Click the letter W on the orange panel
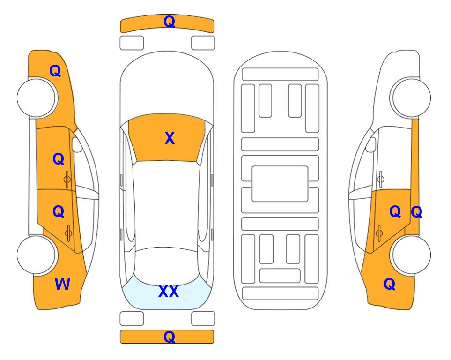[62, 284]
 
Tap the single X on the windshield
[170, 138]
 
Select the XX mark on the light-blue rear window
[169, 292]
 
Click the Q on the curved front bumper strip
[169, 22]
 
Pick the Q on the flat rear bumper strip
[169, 337]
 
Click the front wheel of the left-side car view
[37, 97]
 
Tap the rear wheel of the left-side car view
[37, 255]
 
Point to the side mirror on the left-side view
[77, 144]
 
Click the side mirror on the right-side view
[370, 144]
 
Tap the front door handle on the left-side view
[67, 180]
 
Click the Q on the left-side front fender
[55, 71]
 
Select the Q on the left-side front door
[58, 159]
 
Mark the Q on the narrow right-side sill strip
[416, 212]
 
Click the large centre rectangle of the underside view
[280, 184]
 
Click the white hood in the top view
[167, 86]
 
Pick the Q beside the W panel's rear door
[58, 212]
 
